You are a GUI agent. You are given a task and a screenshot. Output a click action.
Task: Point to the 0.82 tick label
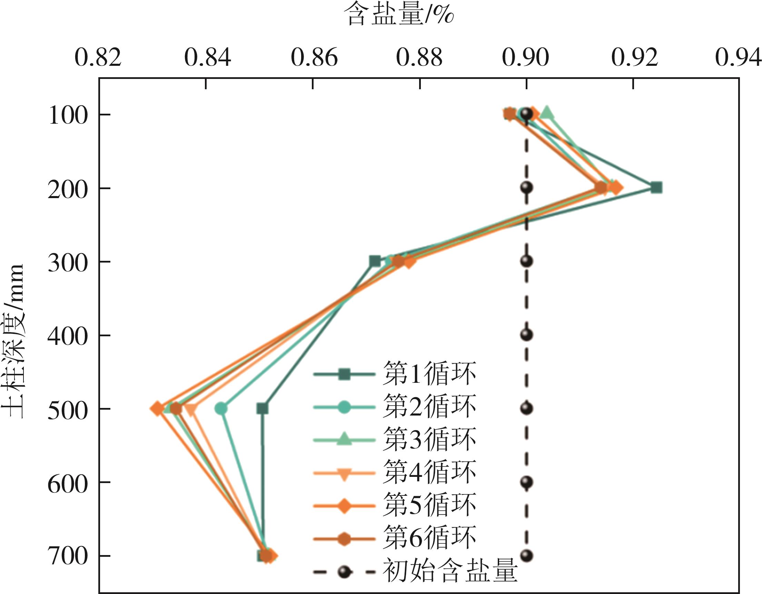(x=98, y=58)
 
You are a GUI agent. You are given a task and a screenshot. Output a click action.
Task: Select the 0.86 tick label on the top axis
(x=314, y=58)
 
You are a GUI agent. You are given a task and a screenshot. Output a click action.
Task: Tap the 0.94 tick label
(x=738, y=58)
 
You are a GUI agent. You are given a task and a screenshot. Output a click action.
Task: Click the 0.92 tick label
(x=634, y=58)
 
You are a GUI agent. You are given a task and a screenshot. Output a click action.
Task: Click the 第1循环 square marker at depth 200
(x=656, y=187)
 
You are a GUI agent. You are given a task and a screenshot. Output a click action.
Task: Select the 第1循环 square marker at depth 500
(x=263, y=409)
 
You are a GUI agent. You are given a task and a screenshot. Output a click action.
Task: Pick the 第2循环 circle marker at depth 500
(x=221, y=409)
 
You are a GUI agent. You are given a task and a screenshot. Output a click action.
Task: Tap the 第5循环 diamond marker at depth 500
(x=157, y=409)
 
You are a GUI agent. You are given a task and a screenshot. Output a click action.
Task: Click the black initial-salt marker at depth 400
(x=526, y=335)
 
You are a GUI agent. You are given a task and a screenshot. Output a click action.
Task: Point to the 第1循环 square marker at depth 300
(x=375, y=261)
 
